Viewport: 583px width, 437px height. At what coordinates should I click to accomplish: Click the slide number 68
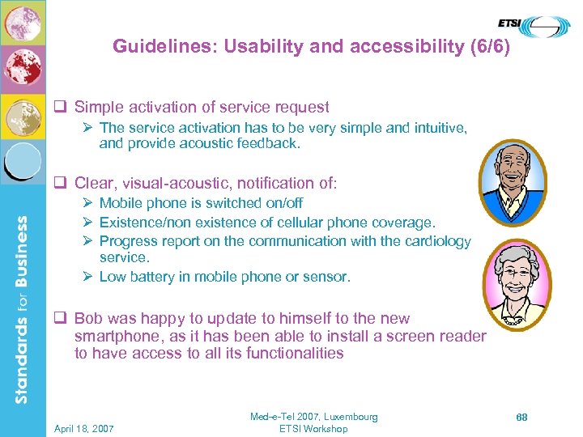click(x=522, y=417)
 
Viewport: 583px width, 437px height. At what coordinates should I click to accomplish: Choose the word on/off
click(x=280, y=203)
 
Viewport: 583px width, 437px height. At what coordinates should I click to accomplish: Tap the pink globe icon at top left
click(x=22, y=23)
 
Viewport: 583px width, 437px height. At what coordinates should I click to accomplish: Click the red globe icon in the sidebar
click(x=22, y=70)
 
